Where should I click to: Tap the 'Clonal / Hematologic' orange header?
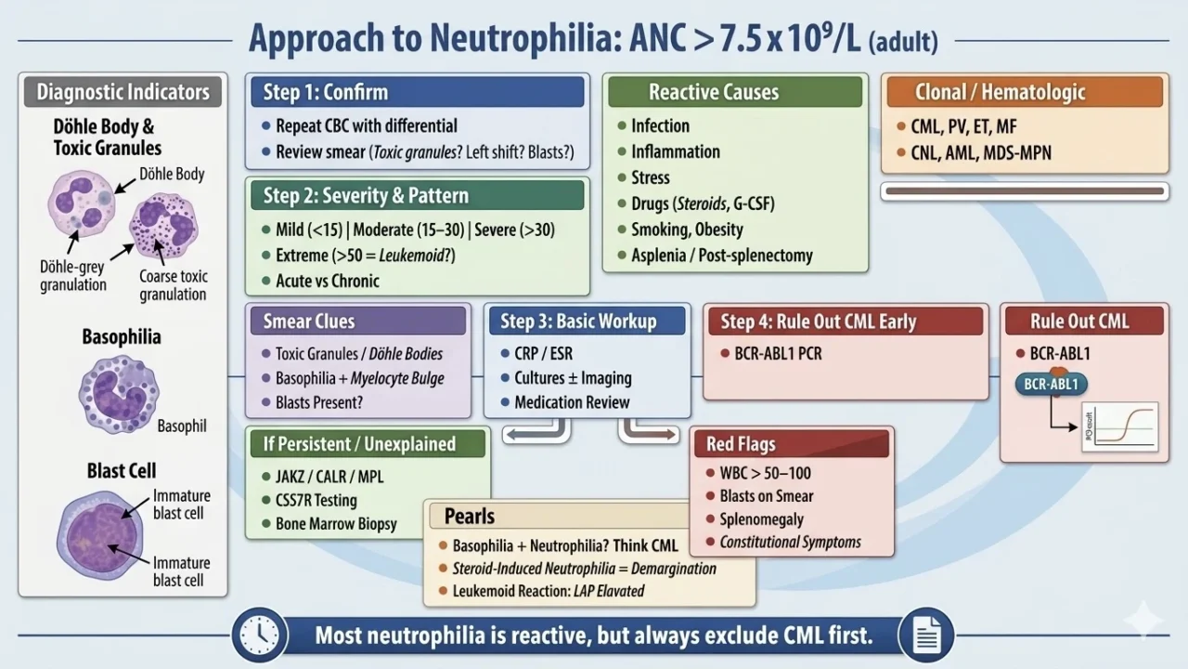(x=1025, y=92)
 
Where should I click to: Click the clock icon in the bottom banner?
(x=259, y=636)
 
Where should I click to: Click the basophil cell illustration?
(x=120, y=394)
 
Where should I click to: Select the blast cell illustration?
(x=96, y=533)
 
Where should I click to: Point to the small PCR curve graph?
(x=1119, y=426)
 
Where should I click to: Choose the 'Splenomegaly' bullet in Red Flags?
(x=760, y=519)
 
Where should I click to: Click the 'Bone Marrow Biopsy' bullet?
(x=335, y=524)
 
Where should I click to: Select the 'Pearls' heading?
(x=470, y=516)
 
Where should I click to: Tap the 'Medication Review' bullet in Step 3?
(x=571, y=402)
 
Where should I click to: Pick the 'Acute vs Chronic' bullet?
(x=327, y=281)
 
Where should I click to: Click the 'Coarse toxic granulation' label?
(x=174, y=285)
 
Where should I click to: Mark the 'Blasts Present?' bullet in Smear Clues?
(x=318, y=402)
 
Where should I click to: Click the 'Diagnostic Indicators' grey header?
(x=123, y=92)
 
